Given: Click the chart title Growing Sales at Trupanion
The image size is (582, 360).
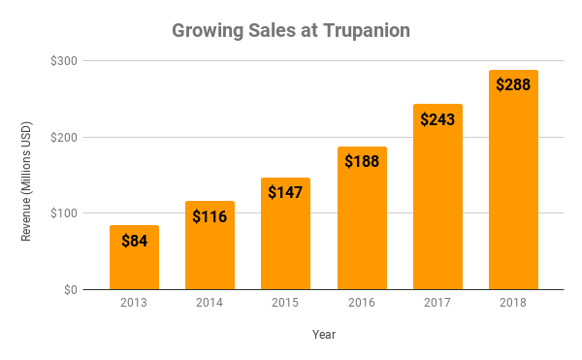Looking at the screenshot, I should (x=291, y=30).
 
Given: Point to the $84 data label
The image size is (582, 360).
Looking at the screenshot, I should (x=134, y=241).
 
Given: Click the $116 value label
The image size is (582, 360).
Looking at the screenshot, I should (x=210, y=216).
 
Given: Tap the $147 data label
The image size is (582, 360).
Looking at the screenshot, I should (x=285, y=192).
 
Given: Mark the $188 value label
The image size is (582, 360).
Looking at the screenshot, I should (x=362, y=161).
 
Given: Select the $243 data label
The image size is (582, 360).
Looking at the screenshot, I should (x=437, y=119).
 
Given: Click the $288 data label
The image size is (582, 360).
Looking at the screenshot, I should (x=513, y=84).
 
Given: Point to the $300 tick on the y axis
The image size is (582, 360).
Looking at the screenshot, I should (x=66, y=60).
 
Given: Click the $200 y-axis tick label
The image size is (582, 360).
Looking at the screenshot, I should (x=66, y=137).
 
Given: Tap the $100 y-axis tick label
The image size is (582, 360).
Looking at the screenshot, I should (x=66, y=213).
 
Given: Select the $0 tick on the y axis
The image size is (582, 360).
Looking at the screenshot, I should (x=71, y=289).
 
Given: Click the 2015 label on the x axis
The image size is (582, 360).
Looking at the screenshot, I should (x=285, y=304).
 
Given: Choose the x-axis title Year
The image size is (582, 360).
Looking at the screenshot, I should (x=324, y=334).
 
